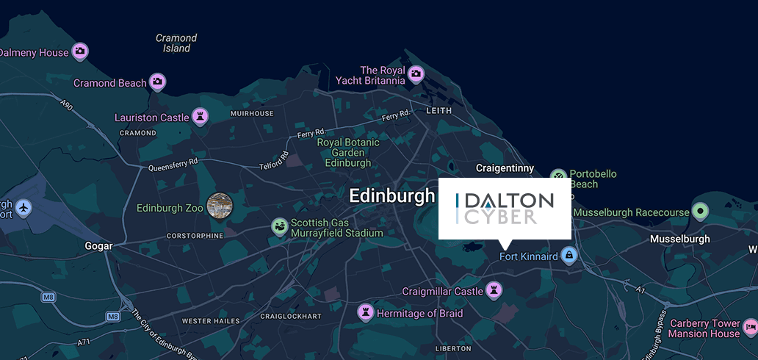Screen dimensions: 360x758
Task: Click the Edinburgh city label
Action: pyautogui.click(x=392, y=196)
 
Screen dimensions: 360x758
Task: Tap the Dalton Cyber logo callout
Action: pyautogui.click(x=505, y=209)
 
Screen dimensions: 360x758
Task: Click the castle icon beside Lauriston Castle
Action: pyautogui.click(x=199, y=117)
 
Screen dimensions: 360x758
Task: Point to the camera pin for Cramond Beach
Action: pyautogui.click(x=157, y=82)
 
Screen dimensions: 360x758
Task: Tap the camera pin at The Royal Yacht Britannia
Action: pyautogui.click(x=416, y=73)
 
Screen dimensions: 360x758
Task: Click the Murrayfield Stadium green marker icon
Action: pyautogui.click(x=280, y=226)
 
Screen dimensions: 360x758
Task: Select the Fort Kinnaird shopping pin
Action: pyautogui.click(x=568, y=256)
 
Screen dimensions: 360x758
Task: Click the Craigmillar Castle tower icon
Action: pyautogui.click(x=494, y=291)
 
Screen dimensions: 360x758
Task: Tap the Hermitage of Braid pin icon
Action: pyautogui.click(x=365, y=313)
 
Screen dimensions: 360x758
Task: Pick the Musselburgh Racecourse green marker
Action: pyautogui.click(x=701, y=212)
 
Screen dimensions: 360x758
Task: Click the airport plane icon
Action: pyautogui.click(x=24, y=208)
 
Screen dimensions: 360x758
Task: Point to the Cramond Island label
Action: pyautogui.click(x=176, y=43)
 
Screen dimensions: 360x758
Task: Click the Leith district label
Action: pyautogui.click(x=439, y=110)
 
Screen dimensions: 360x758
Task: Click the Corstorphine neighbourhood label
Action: pyautogui.click(x=195, y=236)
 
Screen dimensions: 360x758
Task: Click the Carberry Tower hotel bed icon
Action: pyautogui.click(x=751, y=325)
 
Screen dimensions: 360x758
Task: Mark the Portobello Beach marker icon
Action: pyautogui.click(x=560, y=176)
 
